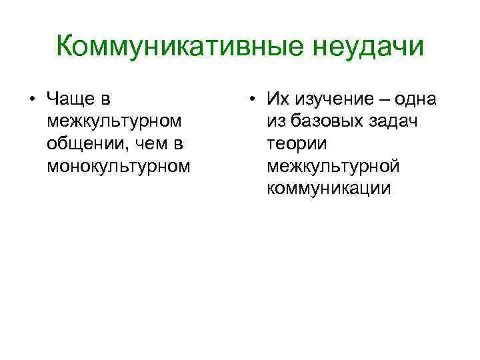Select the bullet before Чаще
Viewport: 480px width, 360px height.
[32, 101]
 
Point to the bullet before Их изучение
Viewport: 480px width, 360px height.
[251, 101]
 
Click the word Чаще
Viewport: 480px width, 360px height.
[73, 100]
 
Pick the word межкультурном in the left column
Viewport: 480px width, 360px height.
[114, 121]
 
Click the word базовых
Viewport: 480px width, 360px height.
[328, 122]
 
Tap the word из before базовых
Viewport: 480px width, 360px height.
[277, 122]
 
